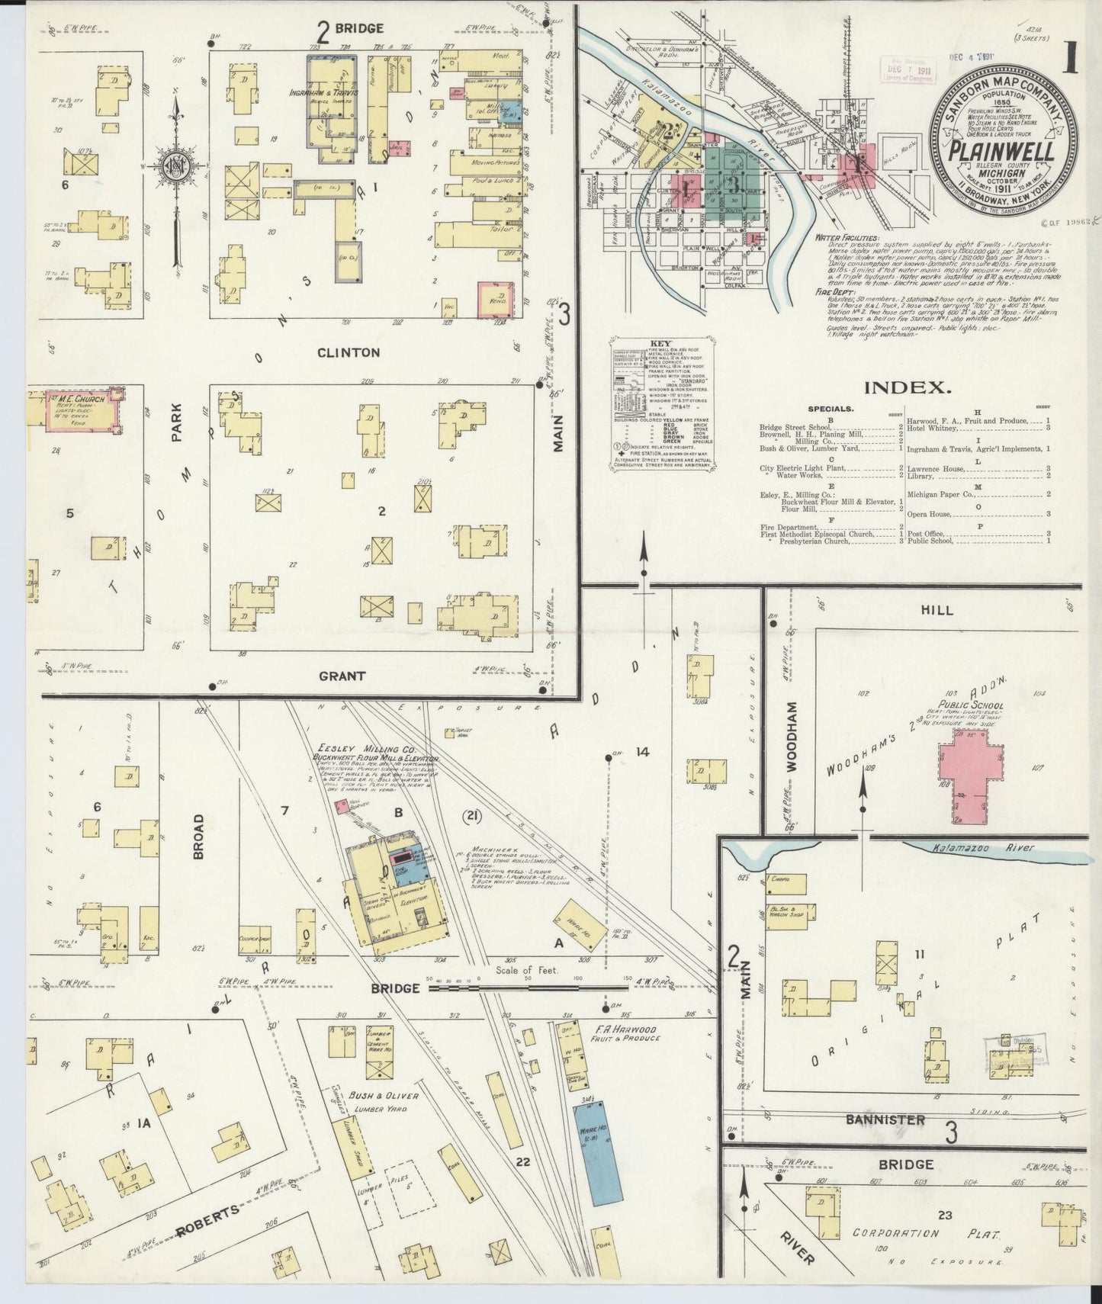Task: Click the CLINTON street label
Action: tap(349, 352)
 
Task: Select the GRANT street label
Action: tap(342, 675)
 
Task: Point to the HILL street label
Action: tap(936, 610)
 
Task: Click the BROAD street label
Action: tap(198, 837)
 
